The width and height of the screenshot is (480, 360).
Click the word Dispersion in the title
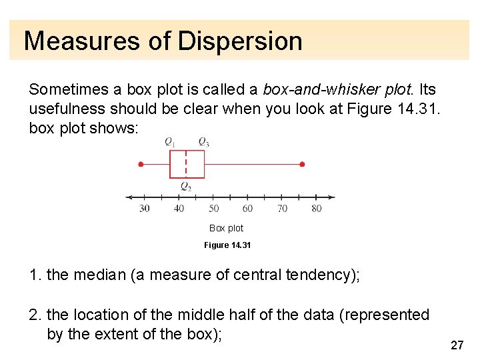click(240, 41)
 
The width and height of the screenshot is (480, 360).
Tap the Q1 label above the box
click(171, 141)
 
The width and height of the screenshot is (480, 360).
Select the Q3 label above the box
click(203, 141)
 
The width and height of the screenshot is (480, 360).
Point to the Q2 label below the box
click(185, 187)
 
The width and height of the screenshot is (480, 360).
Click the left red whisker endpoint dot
click(141, 164)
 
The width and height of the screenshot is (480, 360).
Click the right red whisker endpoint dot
click(302, 164)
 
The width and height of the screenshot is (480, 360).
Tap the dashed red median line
click(185, 164)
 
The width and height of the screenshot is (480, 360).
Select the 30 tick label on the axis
click(145, 209)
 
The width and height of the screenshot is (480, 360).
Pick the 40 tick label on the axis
click(179, 209)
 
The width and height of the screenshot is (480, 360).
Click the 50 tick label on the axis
click(213, 209)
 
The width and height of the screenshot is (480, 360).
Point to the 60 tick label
click(247, 209)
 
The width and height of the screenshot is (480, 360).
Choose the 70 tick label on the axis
click(282, 209)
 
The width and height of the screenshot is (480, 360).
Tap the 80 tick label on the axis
click(316, 209)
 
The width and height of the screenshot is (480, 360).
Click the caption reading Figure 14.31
click(227, 245)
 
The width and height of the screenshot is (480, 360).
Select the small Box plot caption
click(227, 228)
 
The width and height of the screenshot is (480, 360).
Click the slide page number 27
click(457, 345)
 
